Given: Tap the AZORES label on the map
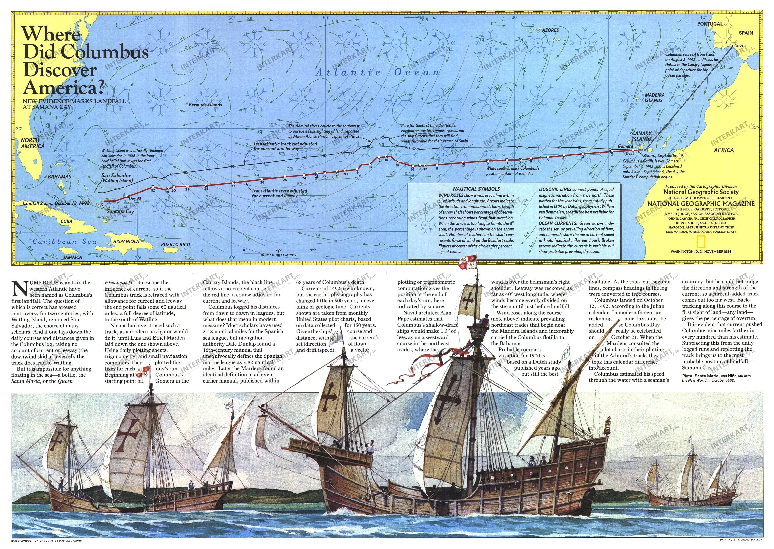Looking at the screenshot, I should (x=550, y=30).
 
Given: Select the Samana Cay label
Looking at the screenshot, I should (x=120, y=212).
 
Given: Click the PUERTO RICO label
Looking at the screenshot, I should (x=175, y=244).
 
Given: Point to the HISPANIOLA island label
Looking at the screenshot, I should (x=126, y=241).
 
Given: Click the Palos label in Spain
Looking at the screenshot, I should (x=738, y=45).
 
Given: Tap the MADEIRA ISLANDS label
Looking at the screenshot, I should (x=654, y=98).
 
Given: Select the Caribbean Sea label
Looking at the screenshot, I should (x=65, y=241).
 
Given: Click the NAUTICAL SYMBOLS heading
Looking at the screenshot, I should (x=476, y=189).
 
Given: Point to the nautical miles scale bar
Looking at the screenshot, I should (x=278, y=252).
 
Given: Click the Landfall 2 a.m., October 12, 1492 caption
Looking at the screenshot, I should (x=56, y=204).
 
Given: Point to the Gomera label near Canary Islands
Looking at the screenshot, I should (x=625, y=146).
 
